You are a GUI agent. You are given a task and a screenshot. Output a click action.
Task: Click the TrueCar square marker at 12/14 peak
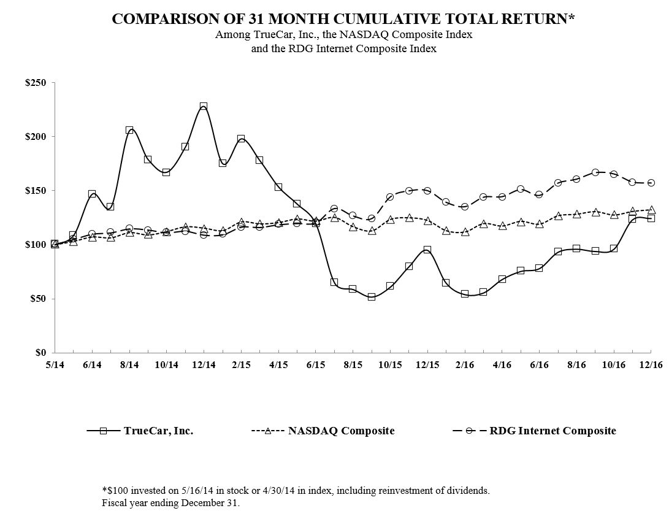click(x=204, y=106)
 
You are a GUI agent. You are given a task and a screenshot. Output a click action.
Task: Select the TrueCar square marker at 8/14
click(x=129, y=130)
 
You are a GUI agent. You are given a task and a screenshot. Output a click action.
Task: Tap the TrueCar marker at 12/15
click(x=427, y=250)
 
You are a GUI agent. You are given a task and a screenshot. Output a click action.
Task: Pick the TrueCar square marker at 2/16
click(x=464, y=294)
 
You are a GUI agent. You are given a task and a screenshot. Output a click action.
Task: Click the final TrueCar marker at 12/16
click(x=651, y=218)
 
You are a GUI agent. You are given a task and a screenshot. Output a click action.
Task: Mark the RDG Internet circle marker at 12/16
click(x=651, y=183)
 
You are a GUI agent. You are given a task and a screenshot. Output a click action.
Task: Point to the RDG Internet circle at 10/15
click(x=389, y=197)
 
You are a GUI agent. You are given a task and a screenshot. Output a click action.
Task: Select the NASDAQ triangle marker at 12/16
click(x=651, y=210)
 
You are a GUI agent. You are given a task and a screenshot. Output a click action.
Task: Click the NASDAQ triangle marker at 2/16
click(x=464, y=232)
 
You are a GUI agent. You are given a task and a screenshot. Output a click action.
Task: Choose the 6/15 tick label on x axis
click(x=315, y=364)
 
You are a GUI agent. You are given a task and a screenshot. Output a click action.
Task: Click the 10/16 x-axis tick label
click(x=613, y=364)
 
